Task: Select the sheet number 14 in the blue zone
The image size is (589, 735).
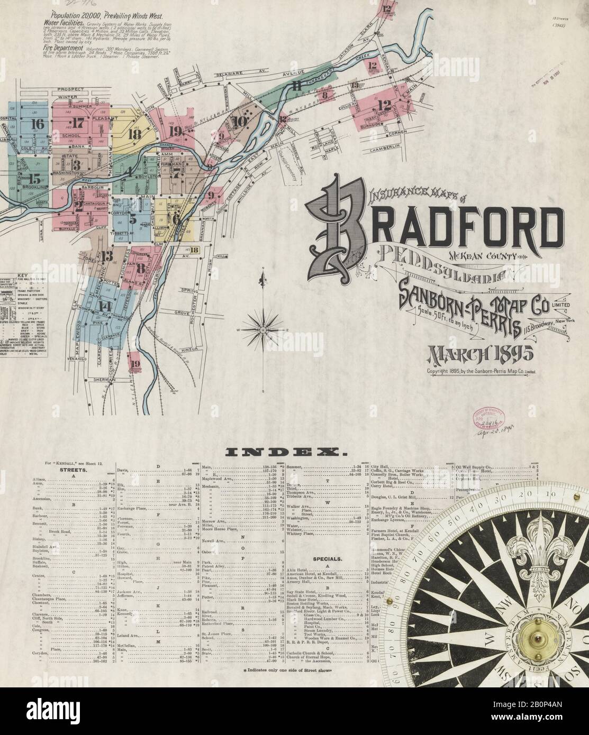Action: click(x=104, y=307)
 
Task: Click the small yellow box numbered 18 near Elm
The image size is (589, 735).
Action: click(x=194, y=251)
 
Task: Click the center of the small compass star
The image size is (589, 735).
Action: click(x=262, y=330)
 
